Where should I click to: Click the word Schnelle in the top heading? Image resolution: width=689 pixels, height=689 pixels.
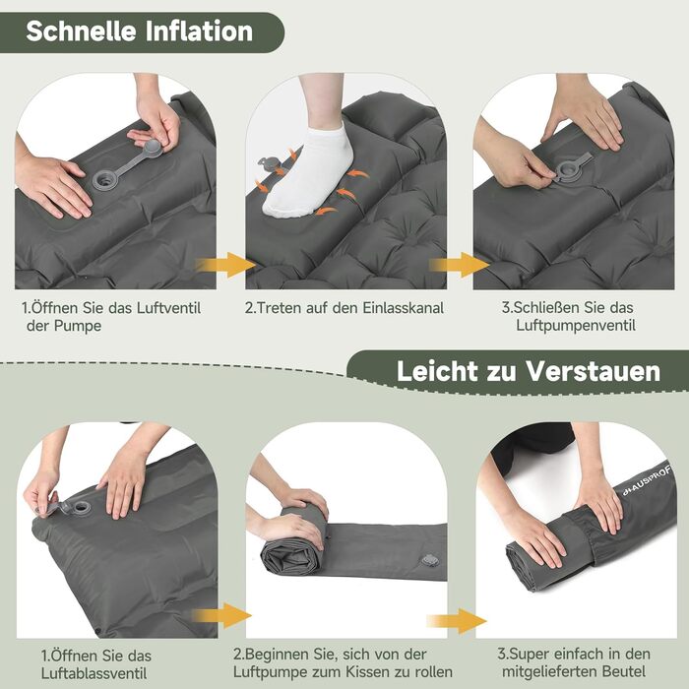click(x=81, y=31)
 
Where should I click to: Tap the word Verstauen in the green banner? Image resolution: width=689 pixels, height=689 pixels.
click(x=594, y=371)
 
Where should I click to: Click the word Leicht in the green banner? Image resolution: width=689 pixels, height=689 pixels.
click(x=437, y=371)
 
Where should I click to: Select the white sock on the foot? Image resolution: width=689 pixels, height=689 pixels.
click(x=307, y=171)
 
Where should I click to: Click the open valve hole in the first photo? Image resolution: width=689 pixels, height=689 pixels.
click(x=104, y=179)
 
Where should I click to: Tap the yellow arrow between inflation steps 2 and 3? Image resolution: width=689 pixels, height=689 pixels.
click(x=459, y=265)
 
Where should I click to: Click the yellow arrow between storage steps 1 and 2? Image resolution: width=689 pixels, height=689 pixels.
click(x=220, y=615)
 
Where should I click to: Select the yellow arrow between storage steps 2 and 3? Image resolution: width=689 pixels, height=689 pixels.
click(x=456, y=621)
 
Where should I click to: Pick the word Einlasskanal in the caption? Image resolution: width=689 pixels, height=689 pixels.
click(x=403, y=307)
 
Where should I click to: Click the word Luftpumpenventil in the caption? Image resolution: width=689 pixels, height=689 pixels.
click(x=576, y=326)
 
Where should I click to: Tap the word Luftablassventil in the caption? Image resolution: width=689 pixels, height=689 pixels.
click(x=94, y=673)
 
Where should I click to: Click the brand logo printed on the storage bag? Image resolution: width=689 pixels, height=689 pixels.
click(x=646, y=480)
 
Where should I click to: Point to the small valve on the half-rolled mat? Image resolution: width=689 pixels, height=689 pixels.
click(x=429, y=560)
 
